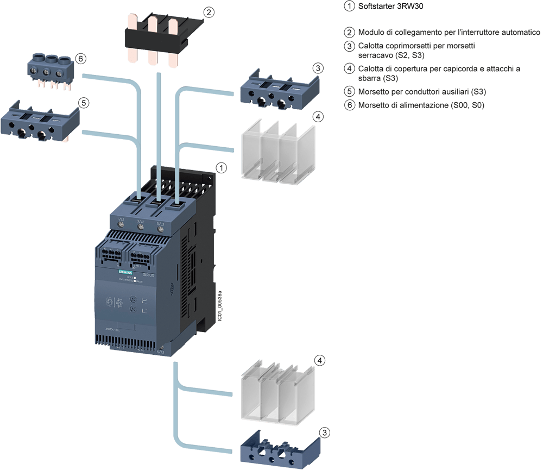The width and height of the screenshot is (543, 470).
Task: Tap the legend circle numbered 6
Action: click(x=350, y=105)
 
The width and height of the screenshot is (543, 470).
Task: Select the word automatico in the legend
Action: click(x=517, y=33)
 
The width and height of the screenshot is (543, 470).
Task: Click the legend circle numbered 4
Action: click(x=350, y=68)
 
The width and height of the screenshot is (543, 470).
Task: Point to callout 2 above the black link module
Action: click(x=208, y=11)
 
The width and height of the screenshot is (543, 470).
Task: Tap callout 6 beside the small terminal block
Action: click(x=80, y=58)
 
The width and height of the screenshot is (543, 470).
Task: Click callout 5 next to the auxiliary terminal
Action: click(x=83, y=102)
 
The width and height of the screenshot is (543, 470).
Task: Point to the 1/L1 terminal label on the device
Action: click(x=121, y=220)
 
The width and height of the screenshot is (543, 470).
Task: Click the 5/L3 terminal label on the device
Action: click(x=160, y=221)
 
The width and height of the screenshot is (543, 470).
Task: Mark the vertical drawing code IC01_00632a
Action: click(x=219, y=308)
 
